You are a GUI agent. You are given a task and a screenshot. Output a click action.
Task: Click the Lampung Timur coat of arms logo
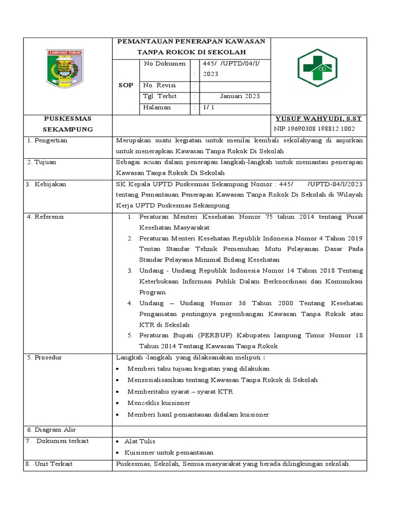click(x=65, y=67)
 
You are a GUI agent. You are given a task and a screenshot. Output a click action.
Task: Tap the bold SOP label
click(x=126, y=85)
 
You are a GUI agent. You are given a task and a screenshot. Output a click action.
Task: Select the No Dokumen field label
click(x=164, y=64)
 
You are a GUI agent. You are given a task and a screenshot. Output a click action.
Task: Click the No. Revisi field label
click(x=159, y=85)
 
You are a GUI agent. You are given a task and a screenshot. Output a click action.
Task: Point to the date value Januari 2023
click(x=240, y=96)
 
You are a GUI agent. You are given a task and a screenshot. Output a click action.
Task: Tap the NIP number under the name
click(x=314, y=129)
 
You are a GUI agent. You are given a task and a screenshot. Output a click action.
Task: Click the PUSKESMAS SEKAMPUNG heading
click(x=67, y=124)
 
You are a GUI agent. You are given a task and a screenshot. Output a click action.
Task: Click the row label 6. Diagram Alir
click(x=51, y=429)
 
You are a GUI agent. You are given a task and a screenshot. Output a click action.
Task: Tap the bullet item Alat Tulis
click(x=141, y=441)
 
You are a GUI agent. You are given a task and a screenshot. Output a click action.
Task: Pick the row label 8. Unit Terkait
click(x=49, y=464)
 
